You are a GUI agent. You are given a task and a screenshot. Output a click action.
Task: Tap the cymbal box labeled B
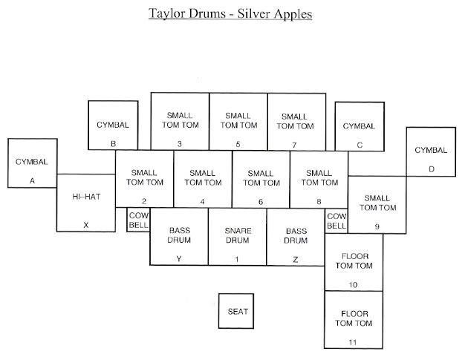(113, 125)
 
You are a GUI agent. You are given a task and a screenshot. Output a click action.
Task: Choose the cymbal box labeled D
(432, 151)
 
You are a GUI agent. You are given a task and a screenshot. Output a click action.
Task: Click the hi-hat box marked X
(86, 203)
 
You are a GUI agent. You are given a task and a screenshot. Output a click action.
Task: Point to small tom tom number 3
(180, 121)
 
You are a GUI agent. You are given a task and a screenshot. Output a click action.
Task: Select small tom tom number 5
(238, 121)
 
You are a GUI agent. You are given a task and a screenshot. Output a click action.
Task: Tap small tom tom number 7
(296, 121)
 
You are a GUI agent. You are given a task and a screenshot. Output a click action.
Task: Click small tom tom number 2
(144, 179)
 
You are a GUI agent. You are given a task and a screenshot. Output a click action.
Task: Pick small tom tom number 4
(203, 179)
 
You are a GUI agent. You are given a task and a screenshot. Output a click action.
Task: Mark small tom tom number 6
(261, 179)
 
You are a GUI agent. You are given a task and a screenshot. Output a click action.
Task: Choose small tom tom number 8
(319, 179)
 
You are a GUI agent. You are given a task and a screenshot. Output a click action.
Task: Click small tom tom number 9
(377, 205)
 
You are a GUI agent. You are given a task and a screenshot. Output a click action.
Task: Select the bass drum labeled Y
(179, 237)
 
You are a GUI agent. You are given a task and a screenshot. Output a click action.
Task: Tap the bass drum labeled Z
(296, 237)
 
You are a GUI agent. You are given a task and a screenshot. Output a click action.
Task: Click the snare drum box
(237, 237)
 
